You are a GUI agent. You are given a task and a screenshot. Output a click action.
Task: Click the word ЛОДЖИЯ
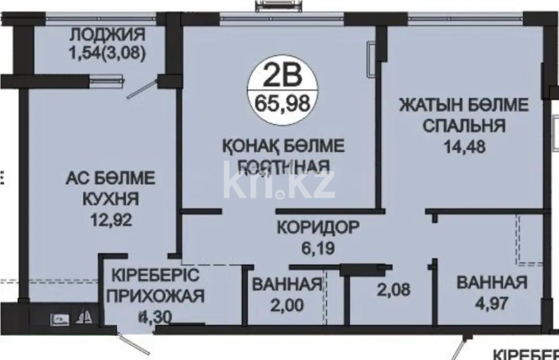(x=107, y=35)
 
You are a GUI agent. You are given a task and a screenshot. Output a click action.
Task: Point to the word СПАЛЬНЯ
(x=464, y=125)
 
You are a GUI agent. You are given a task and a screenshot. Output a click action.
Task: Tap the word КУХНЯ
(x=110, y=199)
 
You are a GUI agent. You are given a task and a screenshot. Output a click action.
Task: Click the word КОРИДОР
(x=318, y=228)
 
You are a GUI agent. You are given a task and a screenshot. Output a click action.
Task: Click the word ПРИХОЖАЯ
(x=155, y=296)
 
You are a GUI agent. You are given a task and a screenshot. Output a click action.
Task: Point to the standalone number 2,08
(x=394, y=290)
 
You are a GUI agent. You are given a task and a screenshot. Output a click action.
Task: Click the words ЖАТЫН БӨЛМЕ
(x=464, y=104)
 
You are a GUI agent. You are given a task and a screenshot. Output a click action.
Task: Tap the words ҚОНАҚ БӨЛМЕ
(x=283, y=146)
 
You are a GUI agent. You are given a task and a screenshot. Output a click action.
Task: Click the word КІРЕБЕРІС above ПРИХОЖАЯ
(x=155, y=276)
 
